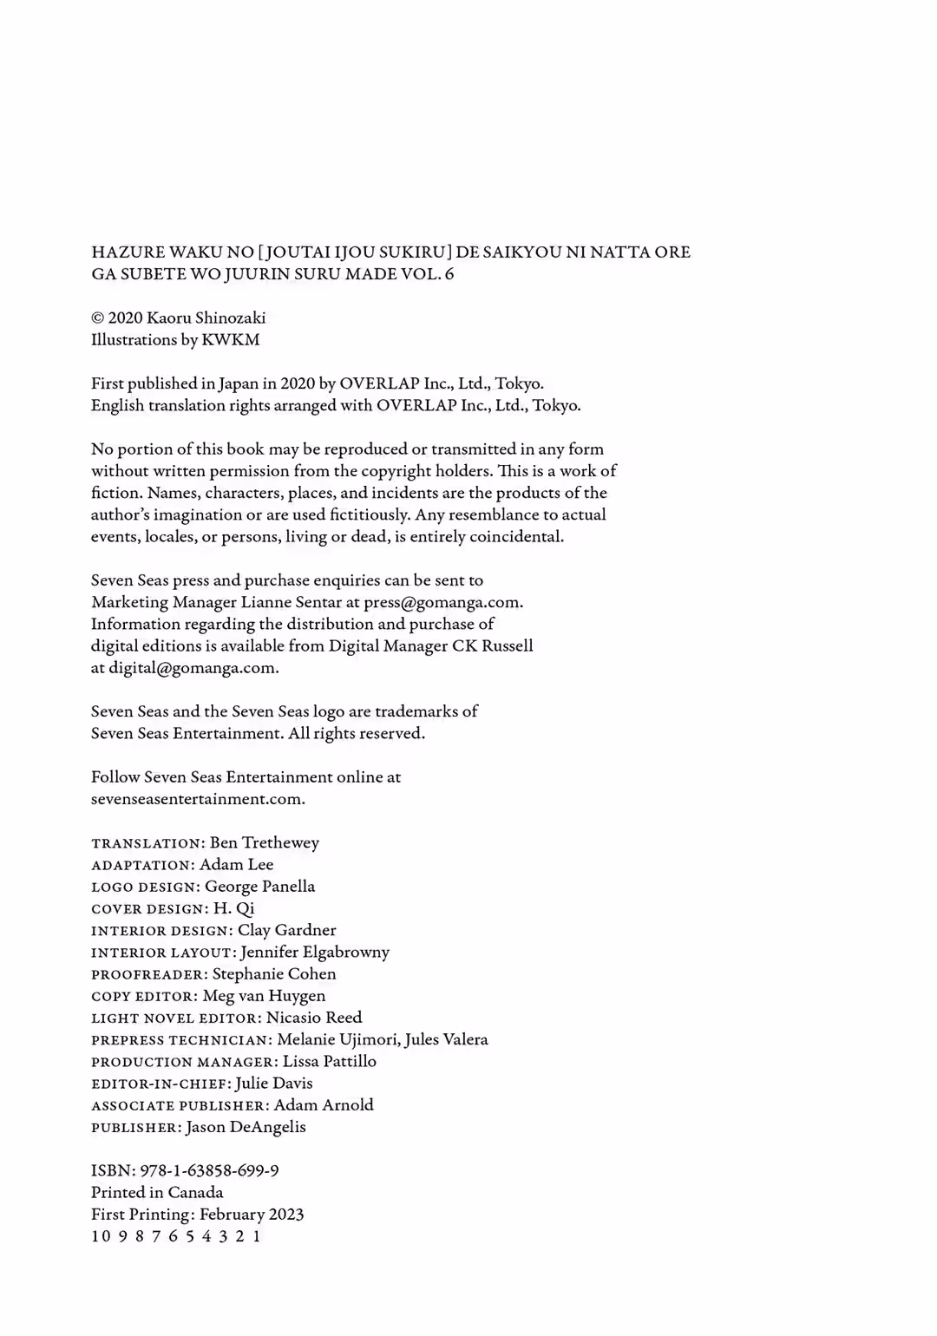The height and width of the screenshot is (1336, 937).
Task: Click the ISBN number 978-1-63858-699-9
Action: pyautogui.click(x=209, y=1171)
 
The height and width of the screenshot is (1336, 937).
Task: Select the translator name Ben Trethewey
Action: pyautogui.click(x=264, y=843)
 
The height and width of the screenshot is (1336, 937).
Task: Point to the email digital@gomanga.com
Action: pyautogui.click(x=193, y=668)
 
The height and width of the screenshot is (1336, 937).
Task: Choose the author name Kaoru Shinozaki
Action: pyautogui.click(x=206, y=318)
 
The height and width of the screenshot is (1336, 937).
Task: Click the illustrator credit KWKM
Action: pyautogui.click(x=230, y=340)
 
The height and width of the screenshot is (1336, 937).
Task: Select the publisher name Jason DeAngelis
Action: pyautogui.click(x=246, y=1128)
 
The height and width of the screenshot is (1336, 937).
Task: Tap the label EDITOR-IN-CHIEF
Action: pyautogui.click(x=160, y=1084)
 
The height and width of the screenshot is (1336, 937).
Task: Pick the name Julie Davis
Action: pyautogui.click(x=273, y=1084)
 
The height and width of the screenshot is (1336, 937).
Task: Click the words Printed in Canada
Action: pyautogui.click(x=157, y=1193)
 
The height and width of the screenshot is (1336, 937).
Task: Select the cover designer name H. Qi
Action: pyautogui.click(x=233, y=909)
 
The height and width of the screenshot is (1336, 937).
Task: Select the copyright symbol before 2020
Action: pyautogui.click(x=97, y=318)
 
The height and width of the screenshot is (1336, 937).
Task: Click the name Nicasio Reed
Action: pyautogui.click(x=313, y=1018)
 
